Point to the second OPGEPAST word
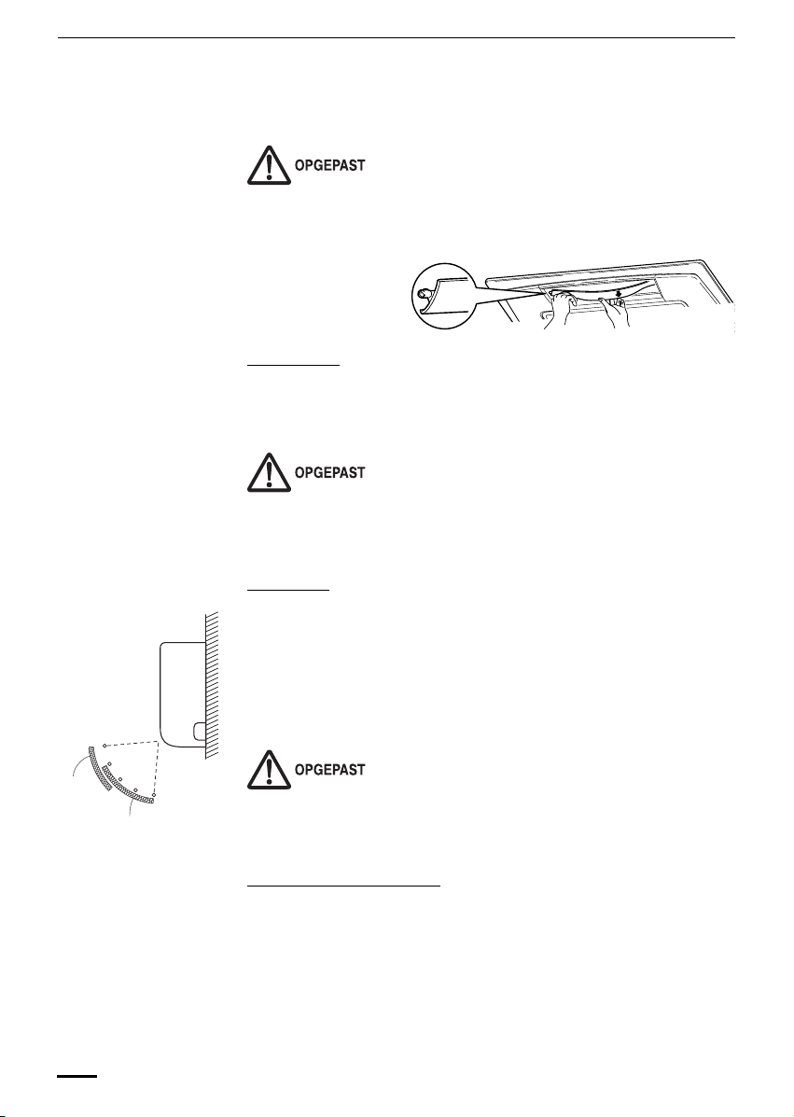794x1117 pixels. pyautogui.click(x=329, y=473)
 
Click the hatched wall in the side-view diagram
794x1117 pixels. pyautogui.click(x=211, y=681)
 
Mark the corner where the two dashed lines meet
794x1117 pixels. pyautogui.click(x=160, y=734)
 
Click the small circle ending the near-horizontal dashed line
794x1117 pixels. pyautogui.click(x=104, y=745)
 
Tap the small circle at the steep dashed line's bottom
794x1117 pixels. pyautogui.click(x=153, y=796)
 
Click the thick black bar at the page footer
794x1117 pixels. pyautogui.click(x=78, y=1076)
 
